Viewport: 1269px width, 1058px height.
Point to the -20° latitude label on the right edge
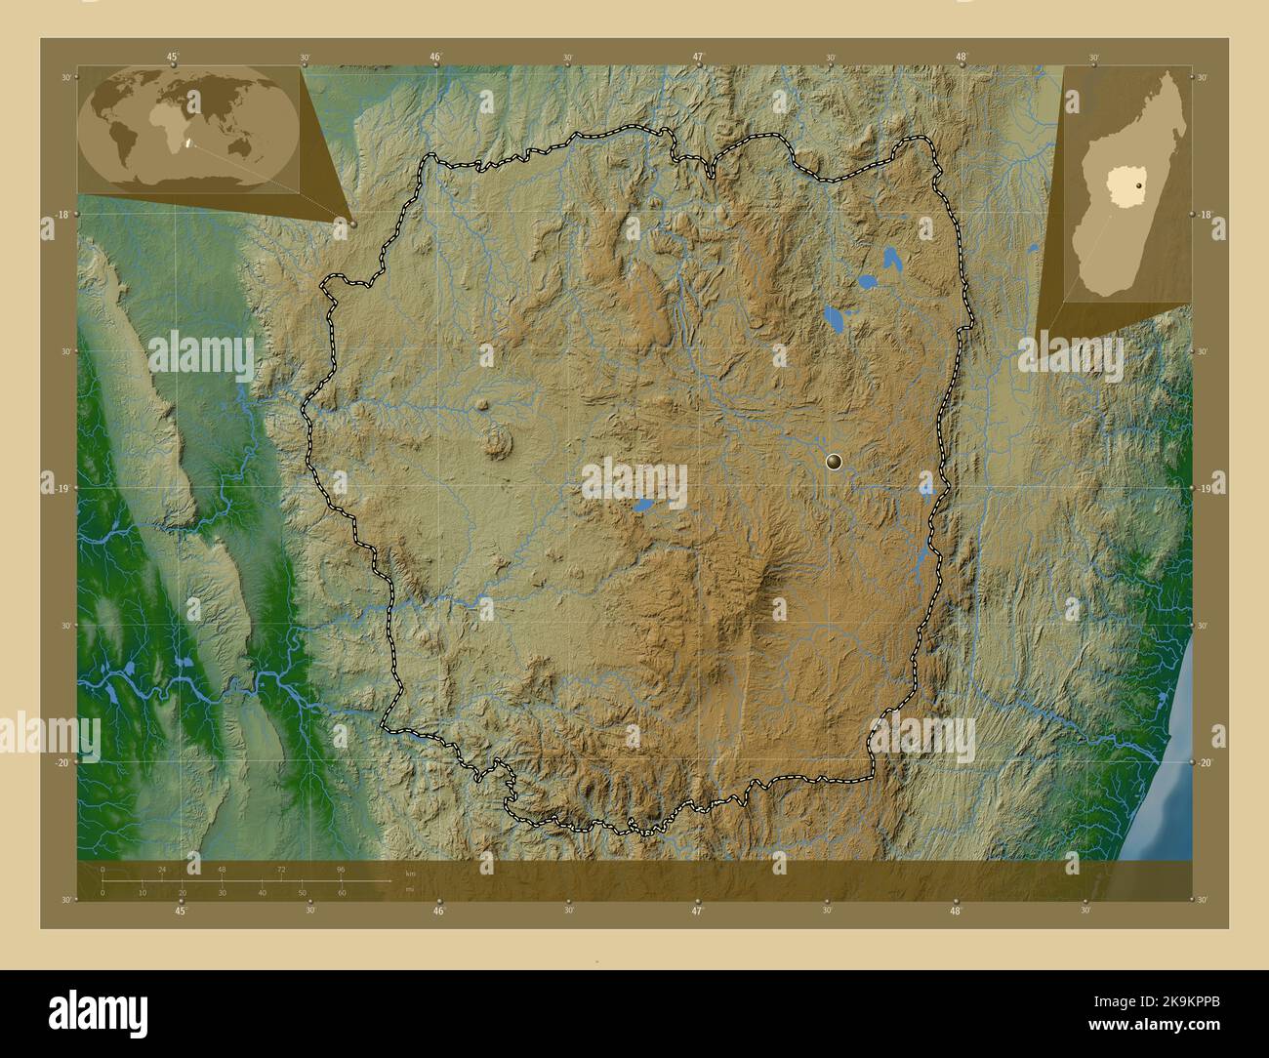coord(1206,763)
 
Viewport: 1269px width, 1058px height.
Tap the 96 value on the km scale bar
coord(341,869)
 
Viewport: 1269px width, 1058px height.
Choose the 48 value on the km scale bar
coord(222,869)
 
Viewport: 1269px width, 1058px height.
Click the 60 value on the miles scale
coord(342,893)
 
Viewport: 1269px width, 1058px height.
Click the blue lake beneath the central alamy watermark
coord(642,506)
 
